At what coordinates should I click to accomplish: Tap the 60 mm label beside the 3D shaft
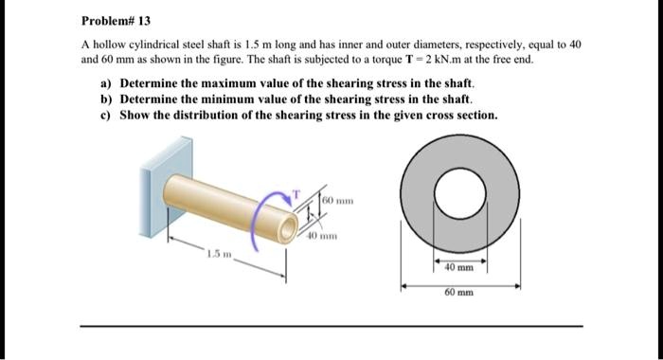pos(338,202)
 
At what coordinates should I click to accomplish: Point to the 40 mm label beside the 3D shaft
pos(319,234)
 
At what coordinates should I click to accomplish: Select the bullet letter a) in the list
pos(107,83)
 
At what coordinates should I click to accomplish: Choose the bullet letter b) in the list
pos(107,99)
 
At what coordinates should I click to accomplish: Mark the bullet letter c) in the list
pos(107,114)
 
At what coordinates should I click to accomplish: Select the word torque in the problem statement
pos(382,59)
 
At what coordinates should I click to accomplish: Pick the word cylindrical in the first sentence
pos(154,45)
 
